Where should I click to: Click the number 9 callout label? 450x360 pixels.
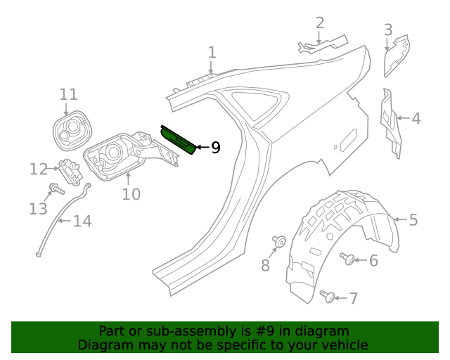(x=215, y=148)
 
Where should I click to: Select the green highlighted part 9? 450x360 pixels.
(x=179, y=139)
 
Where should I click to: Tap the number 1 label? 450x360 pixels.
(x=212, y=53)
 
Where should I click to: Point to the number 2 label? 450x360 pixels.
(x=320, y=23)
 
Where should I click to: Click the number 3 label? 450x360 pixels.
(x=387, y=30)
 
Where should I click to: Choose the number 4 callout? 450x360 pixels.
(x=416, y=118)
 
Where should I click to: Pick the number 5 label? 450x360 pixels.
(x=413, y=220)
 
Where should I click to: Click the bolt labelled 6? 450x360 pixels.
(x=347, y=259)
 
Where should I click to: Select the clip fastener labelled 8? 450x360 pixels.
(x=278, y=243)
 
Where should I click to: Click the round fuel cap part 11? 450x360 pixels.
(x=72, y=131)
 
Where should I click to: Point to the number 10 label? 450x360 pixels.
(x=131, y=194)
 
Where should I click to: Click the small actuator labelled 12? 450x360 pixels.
(x=69, y=169)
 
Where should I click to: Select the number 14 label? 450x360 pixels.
(x=82, y=221)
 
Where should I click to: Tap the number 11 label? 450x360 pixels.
(x=68, y=94)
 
